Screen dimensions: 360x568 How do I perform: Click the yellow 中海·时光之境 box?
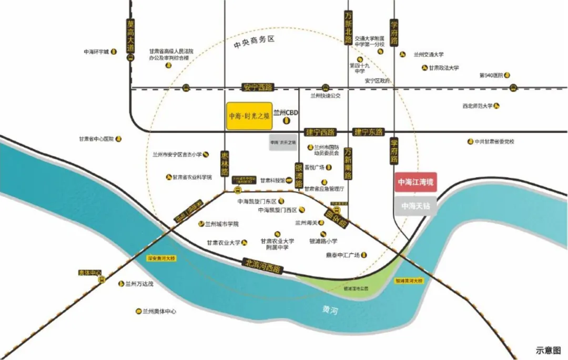(x=249, y=116)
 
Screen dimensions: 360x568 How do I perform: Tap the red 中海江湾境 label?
(x=415, y=182)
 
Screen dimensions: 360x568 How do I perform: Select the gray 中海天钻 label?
(x=415, y=206)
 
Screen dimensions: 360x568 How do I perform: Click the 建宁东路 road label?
(x=369, y=132)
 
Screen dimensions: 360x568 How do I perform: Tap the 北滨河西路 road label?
(x=263, y=265)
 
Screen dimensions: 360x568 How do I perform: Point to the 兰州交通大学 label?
(x=429, y=54)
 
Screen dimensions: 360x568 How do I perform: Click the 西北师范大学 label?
(x=477, y=106)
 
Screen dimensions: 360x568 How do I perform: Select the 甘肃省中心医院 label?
(x=96, y=139)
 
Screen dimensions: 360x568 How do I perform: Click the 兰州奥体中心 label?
(x=159, y=311)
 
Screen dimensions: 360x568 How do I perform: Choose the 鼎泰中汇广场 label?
(x=342, y=255)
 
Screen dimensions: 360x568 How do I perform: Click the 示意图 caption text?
(x=548, y=350)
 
